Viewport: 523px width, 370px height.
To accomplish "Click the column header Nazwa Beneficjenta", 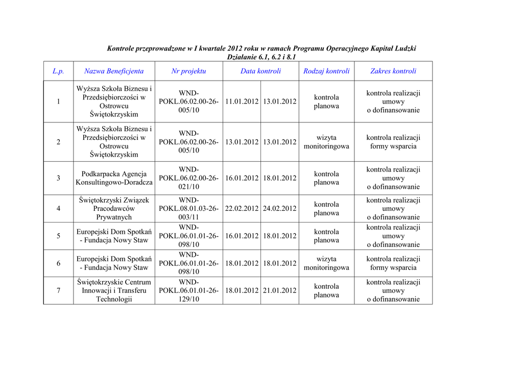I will coord(114,71).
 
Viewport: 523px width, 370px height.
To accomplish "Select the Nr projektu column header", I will coord(188,71).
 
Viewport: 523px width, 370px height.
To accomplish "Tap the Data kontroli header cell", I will coord(260,71).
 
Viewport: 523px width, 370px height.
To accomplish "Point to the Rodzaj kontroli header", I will coord(326,71).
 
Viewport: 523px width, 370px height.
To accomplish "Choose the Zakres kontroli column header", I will coord(393,71).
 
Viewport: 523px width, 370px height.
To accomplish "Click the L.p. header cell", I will coord(58,71).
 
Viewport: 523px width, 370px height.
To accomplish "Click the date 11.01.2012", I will coord(242,102).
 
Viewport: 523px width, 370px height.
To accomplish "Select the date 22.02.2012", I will coord(242,209).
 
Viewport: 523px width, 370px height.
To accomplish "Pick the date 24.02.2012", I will coord(279,209).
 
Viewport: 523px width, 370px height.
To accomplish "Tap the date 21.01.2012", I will coord(279,291).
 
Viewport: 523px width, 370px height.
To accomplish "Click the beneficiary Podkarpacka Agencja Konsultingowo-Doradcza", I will coord(114,178).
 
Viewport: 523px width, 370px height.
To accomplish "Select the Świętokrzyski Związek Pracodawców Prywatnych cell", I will coord(114,209).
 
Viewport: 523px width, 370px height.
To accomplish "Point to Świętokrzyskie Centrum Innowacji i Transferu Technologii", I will coord(114,291).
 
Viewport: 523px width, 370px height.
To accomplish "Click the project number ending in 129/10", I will coord(188,291).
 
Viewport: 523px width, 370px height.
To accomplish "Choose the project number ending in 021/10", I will coord(188,178).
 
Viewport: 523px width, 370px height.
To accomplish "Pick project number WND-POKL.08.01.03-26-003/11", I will coord(188,209).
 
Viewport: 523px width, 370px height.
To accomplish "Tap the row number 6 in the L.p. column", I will coord(58,263).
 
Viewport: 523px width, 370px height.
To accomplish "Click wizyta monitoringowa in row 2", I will coord(326,142).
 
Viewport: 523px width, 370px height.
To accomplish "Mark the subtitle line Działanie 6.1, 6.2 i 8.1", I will coord(261,57).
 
